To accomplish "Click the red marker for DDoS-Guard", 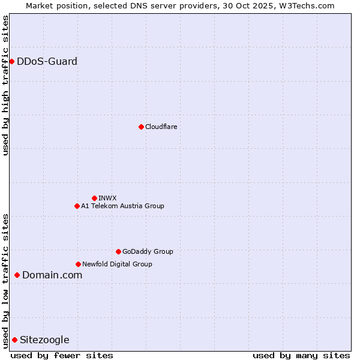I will tap(11, 61).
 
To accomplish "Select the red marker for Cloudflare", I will tap(141, 127).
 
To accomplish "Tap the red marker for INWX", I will tap(94, 198).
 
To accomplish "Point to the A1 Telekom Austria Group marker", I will tap(77, 206).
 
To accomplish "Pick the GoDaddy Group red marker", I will tap(118, 251).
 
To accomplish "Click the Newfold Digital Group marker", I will tap(78, 264).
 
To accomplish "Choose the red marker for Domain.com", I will tap(17, 275).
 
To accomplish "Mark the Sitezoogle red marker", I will tap(14, 340).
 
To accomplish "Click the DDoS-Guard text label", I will tap(47, 61).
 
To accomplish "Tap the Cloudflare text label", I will tap(161, 127).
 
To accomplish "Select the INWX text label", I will tap(107, 198).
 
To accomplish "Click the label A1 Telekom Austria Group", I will tap(122, 206).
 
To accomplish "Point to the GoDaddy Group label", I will tap(148, 251).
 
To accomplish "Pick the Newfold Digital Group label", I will tap(117, 264).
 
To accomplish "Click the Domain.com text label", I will tap(52, 275).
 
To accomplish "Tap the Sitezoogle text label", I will tap(44, 340).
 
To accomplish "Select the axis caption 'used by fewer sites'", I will tap(62, 355).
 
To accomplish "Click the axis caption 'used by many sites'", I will tap(301, 355).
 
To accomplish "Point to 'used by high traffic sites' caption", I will tap(5, 85).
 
